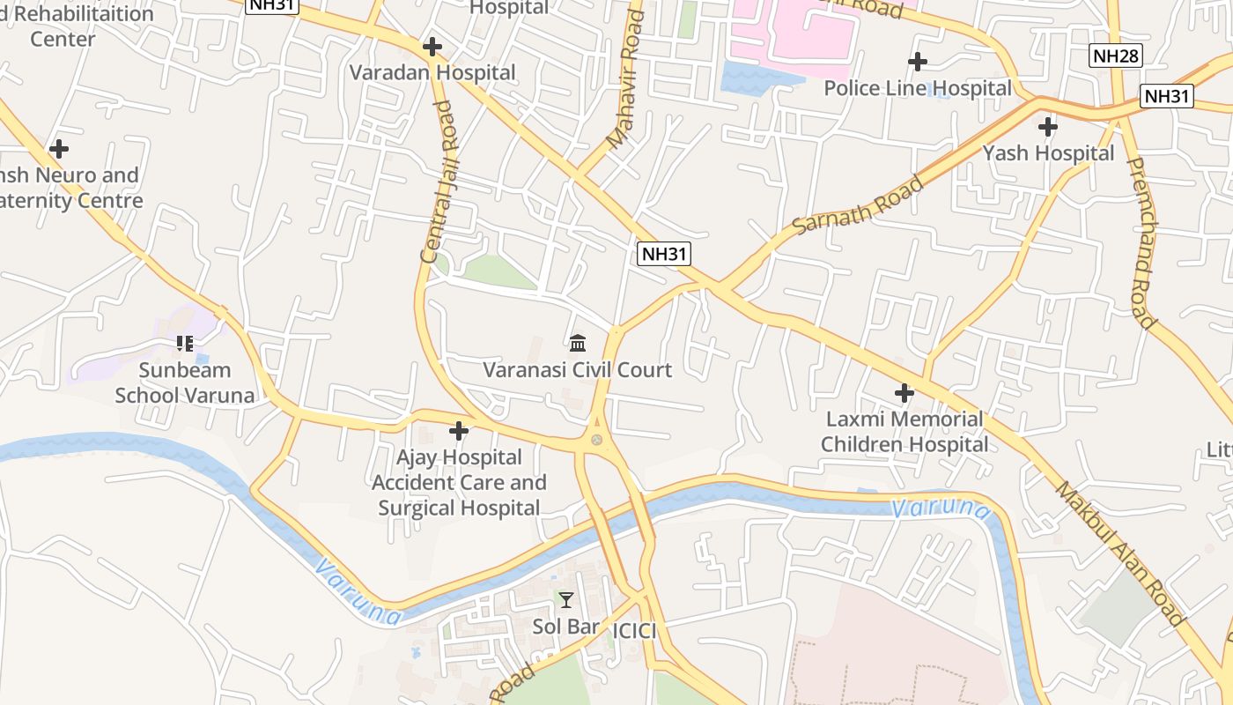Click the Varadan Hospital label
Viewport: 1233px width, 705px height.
432,72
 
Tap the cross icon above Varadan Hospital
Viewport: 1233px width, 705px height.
432,47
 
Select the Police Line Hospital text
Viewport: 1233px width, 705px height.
917,88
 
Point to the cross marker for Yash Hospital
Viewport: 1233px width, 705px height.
1047,127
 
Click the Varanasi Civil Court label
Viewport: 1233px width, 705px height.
577,369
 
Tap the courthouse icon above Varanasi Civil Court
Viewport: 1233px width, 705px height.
578,343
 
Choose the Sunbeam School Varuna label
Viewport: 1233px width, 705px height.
185,382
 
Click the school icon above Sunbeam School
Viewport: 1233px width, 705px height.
184,343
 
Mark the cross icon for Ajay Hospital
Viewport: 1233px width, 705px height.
459,431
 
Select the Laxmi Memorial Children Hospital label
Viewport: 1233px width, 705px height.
904,432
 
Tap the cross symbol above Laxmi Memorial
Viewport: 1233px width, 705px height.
904,393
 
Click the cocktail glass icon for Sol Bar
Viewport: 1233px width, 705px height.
565,600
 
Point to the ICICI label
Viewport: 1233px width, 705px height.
634,630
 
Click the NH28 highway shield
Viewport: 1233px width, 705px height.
1115,56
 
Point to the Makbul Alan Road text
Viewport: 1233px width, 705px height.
1119,553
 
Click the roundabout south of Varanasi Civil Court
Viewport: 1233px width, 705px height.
598,440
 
